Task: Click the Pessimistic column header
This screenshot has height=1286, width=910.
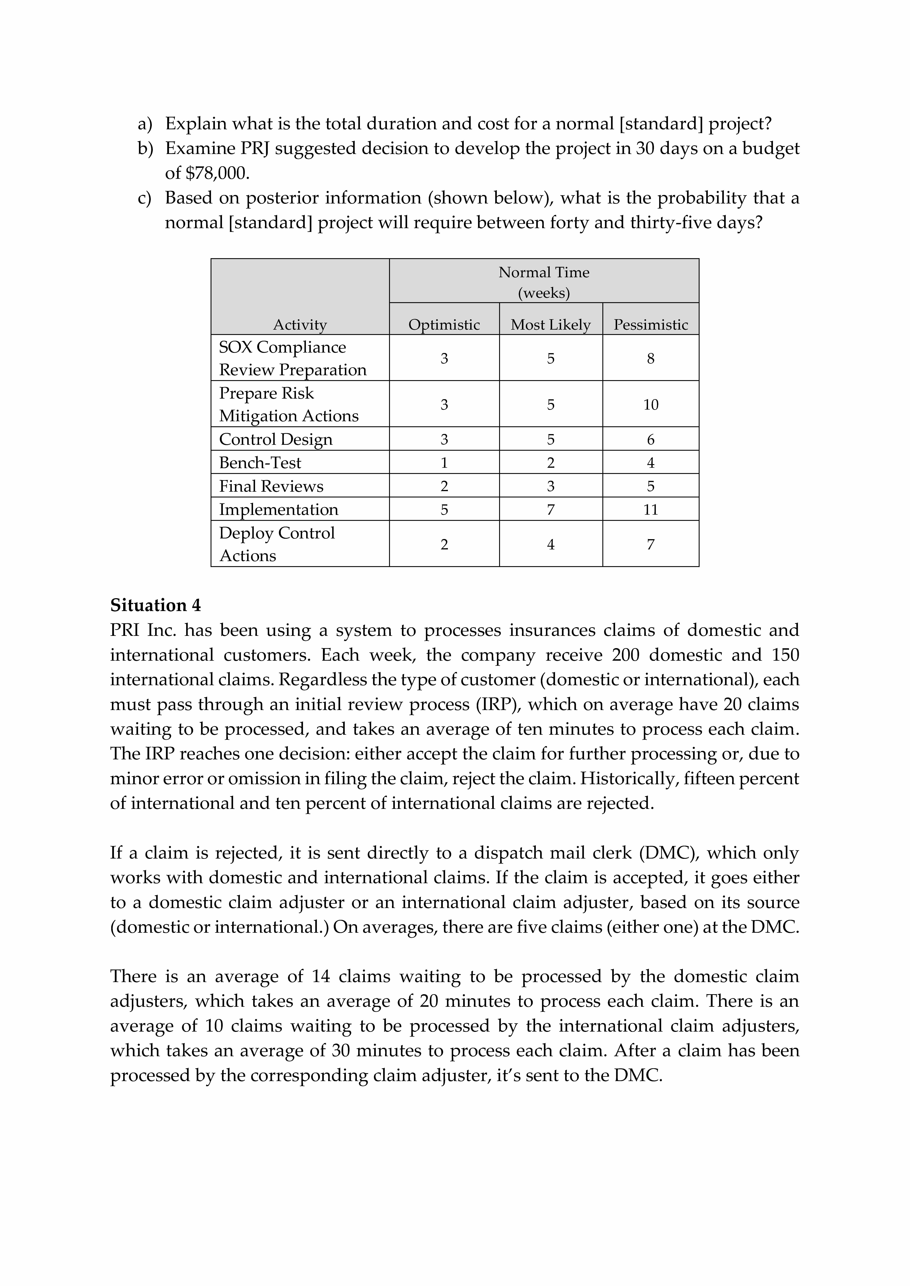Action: pos(651,325)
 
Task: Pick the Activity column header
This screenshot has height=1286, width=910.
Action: pos(300,325)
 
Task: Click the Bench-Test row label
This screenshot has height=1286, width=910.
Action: pos(260,463)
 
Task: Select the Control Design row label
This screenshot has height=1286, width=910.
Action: pos(276,439)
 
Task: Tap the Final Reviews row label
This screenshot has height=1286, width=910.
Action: pos(271,486)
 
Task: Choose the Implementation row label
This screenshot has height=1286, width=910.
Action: pos(278,510)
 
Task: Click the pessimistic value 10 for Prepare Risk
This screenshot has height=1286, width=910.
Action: pos(651,404)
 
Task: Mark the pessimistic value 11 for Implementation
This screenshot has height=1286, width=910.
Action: pos(651,510)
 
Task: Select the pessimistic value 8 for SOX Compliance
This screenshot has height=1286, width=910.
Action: pos(651,358)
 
